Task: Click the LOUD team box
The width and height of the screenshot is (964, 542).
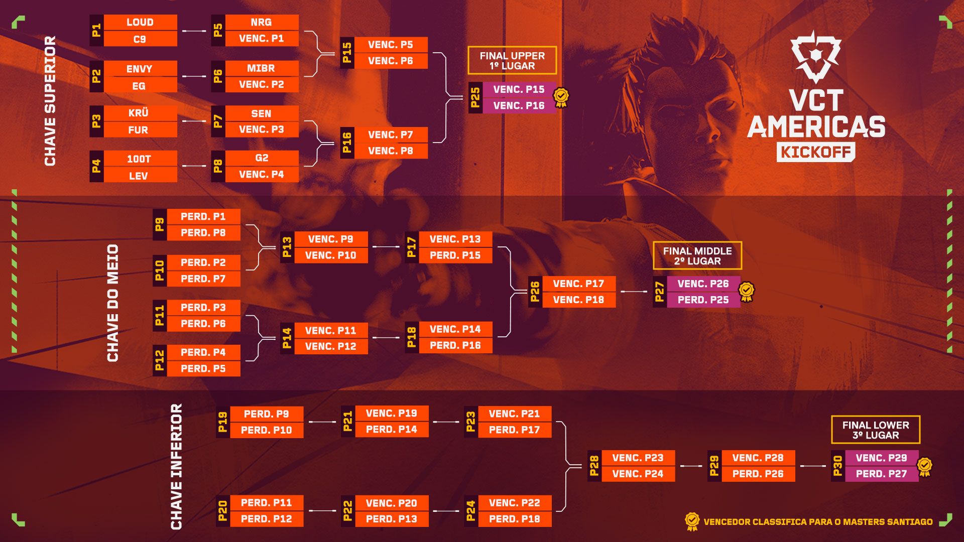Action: tap(140, 22)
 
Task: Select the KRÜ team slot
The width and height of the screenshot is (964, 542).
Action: tap(139, 113)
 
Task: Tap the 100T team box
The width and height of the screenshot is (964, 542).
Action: tap(139, 159)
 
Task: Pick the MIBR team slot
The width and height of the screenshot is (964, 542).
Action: tap(261, 68)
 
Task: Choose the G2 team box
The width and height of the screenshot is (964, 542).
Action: tap(262, 158)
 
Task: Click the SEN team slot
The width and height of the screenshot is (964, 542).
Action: tap(261, 113)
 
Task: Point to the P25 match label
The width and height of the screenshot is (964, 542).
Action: tap(475, 97)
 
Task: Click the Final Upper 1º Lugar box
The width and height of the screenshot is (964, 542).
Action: tap(512, 61)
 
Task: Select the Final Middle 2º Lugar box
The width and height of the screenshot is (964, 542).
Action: tap(697, 256)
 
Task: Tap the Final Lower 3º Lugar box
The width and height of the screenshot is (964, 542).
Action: tap(875, 430)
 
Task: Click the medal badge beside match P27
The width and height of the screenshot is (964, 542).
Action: tap(747, 292)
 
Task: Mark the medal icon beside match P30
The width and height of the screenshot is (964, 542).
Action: tap(925, 467)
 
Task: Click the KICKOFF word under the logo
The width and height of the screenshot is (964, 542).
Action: tap(815, 152)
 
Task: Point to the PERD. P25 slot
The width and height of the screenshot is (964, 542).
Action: tap(703, 300)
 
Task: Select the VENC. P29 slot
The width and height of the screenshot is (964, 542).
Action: tap(881, 458)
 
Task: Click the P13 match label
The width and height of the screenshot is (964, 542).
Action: tap(287, 247)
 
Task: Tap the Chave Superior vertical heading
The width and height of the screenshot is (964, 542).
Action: tap(50, 100)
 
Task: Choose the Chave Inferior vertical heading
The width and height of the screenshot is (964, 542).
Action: tap(176, 466)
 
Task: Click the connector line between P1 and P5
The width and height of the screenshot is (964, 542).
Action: tap(194, 31)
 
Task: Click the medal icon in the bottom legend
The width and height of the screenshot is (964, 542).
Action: tap(692, 521)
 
